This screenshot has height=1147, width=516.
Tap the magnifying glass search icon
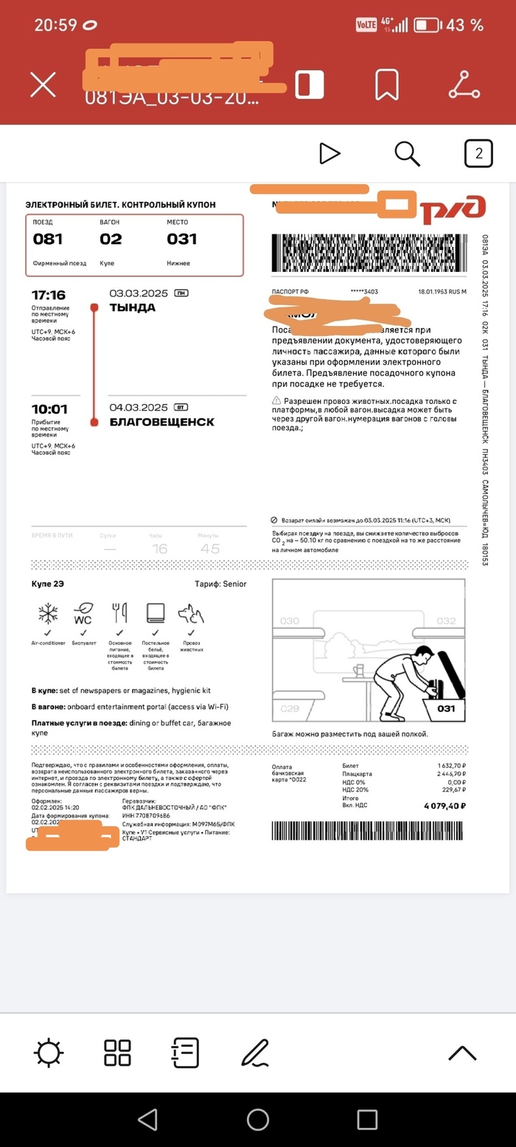coord(407,153)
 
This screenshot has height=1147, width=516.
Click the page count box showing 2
coord(478,153)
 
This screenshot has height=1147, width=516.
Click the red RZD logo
coord(453,209)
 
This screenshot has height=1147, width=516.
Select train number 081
coord(48,239)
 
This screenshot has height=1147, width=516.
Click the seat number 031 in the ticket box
coord(181,239)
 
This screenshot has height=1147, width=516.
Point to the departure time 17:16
coord(49,295)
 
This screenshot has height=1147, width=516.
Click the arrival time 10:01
coord(49,409)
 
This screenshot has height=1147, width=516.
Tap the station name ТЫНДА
coord(133,307)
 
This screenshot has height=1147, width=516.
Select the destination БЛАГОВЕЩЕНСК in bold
coord(162,422)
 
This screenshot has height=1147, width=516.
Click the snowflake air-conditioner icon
coord(48,613)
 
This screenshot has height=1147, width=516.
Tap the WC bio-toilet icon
coord(83,613)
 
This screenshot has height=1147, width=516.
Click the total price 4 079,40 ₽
coord(444,806)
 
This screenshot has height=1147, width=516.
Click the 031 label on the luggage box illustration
coord(446,708)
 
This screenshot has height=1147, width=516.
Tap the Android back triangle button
coord(148,1120)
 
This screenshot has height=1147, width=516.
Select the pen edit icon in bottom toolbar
coord(255,1053)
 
